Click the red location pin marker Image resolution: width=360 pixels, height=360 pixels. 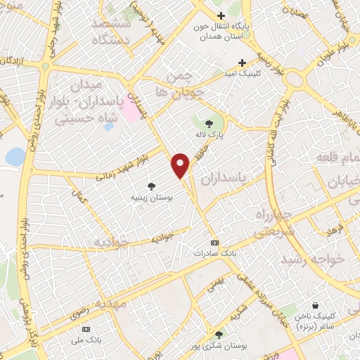(x=181, y=165)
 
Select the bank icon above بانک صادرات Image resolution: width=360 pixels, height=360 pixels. (x=214, y=242)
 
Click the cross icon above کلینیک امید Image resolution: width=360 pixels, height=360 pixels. (x=243, y=61)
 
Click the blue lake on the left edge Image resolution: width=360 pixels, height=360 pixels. (x=14, y=156)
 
